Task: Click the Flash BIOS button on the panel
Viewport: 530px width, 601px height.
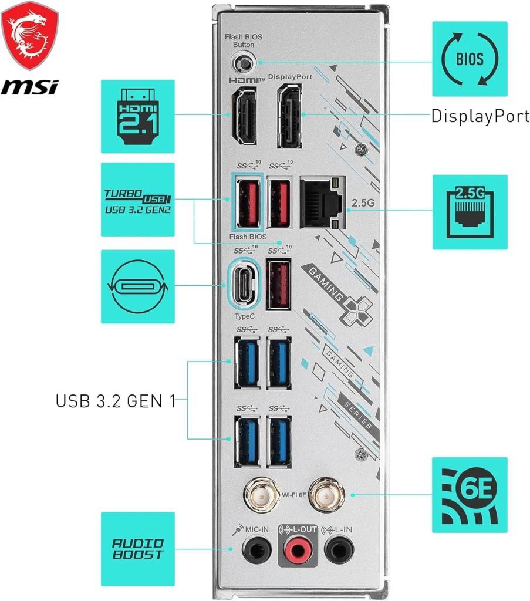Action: [x=242, y=62]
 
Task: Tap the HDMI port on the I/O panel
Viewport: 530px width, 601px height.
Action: [x=242, y=117]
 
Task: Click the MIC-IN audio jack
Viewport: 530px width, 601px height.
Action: [x=257, y=551]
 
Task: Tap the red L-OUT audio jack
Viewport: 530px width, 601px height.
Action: [x=296, y=551]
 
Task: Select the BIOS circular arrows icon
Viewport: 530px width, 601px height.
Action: [x=470, y=59]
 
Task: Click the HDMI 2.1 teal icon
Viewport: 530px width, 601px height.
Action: [x=138, y=116]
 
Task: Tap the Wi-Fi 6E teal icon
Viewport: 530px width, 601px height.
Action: [x=470, y=495]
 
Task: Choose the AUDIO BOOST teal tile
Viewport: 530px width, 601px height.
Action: [x=138, y=549]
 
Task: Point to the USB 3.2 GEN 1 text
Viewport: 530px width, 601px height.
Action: [x=116, y=401]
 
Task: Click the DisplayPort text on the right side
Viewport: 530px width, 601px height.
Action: [x=480, y=116]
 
